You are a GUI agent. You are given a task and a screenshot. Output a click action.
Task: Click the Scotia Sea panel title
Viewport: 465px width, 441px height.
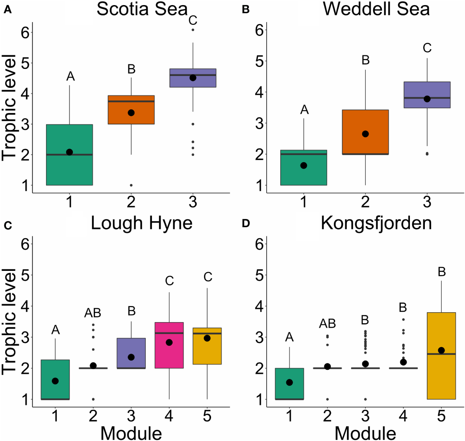coord(142,9)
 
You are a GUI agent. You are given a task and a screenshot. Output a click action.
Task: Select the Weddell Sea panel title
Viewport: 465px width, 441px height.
coord(376,9)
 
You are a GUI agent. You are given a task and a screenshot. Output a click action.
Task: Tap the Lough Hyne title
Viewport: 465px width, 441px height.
coord(141,223)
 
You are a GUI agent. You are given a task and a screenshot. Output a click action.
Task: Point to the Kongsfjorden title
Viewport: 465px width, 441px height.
coord(376,223)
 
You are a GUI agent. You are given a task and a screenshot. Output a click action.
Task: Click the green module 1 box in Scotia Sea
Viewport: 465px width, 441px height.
coord(69,169)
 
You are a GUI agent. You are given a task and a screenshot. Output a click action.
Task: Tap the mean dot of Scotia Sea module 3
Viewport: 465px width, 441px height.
coord(193,78)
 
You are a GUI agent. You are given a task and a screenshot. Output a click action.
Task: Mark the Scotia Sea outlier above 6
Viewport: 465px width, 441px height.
coord(193,30)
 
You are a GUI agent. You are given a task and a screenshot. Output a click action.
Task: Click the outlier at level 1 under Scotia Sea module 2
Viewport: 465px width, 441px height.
coord(131,185)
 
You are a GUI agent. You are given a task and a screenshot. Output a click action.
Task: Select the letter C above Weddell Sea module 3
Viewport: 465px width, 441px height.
coord(427,48)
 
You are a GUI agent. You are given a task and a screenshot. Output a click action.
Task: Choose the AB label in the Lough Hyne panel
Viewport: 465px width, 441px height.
coord(93,313)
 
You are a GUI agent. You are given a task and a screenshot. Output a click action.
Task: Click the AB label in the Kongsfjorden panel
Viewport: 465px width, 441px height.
coord(327,324)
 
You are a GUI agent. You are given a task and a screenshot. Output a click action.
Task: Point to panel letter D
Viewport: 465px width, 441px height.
coord(246,223)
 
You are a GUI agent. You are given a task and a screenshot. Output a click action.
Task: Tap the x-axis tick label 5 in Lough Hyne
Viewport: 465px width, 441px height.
coord(207,416)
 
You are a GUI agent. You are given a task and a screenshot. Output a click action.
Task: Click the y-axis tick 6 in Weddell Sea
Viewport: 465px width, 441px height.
coord(259,30)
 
